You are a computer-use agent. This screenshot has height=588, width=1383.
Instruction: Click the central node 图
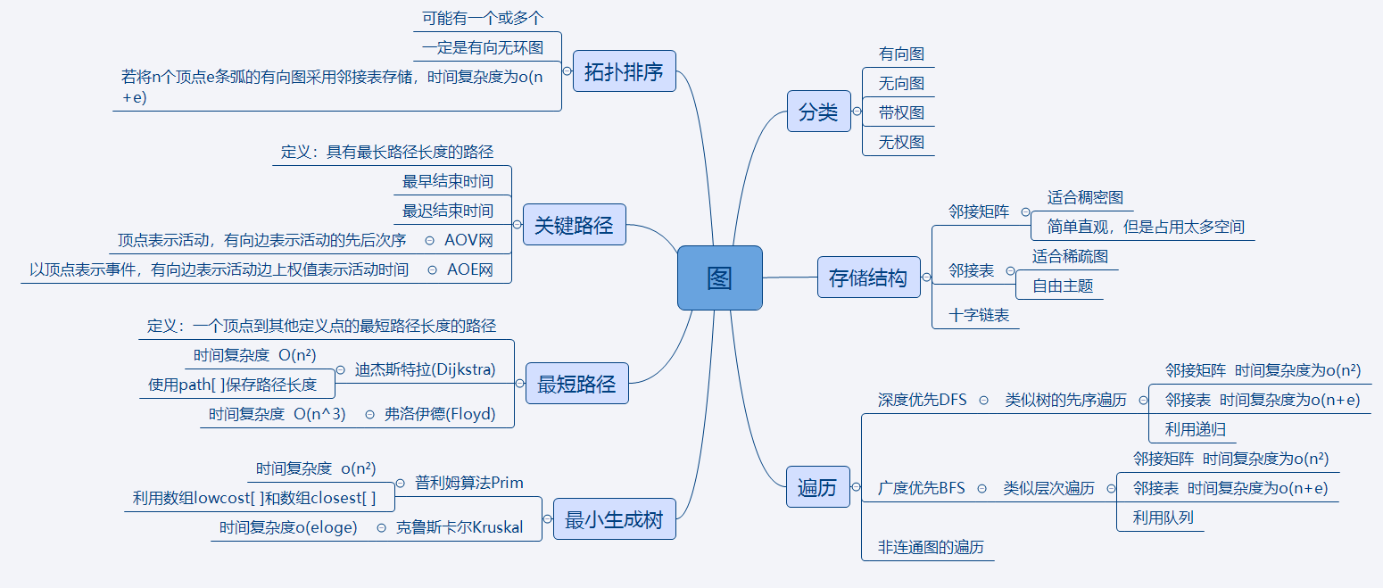pyautogui.click(x=719, y=278)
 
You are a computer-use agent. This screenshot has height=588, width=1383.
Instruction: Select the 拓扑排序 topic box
pyautogui.click(x=624, y=72)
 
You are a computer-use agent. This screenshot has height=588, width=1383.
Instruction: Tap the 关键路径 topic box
pyautogui.click(x=574, y=225)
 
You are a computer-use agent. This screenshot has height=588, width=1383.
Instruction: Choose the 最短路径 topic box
pyautogui.click(x=576, y=385)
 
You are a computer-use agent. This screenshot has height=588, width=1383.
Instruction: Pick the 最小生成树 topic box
pyautogui.click(x=615, y=519)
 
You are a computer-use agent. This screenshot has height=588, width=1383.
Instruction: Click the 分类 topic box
pyautogui.click(x=818, y=112)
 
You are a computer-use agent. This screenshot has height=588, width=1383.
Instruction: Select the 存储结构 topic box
pyautogui.click(x=868, y=277)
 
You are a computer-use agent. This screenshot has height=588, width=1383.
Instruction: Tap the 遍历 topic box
pyautogui.click(x=817, y=487)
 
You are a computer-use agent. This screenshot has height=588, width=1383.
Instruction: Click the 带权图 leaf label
pyautogui.click(x=901, y=112)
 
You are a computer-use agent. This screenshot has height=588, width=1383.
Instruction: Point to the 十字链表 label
pyautogui.click(x=979, y=315)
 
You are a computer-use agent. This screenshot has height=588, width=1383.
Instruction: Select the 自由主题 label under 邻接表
pyautogui.click(x=1063, y=286)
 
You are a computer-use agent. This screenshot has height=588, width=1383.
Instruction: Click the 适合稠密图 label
pyautogui.click(x=1085, y=197)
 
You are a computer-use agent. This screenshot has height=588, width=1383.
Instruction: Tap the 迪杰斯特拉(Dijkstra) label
pyautogui.click(x=425, y=369)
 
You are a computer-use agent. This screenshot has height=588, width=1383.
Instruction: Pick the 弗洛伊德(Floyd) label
pyautogui.click(x=439, y=414)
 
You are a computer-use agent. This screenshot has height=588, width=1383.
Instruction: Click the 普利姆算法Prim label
pyautogui.click(x=469, y=483)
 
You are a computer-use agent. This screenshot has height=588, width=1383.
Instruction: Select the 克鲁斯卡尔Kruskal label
pyautogui.click(x=458, y=527)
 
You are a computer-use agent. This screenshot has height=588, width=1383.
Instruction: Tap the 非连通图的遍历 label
pyautogui.click(x=931, y=547)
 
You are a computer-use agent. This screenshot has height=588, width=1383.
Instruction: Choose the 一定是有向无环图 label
pyautogui.click(x=483, y=47)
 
